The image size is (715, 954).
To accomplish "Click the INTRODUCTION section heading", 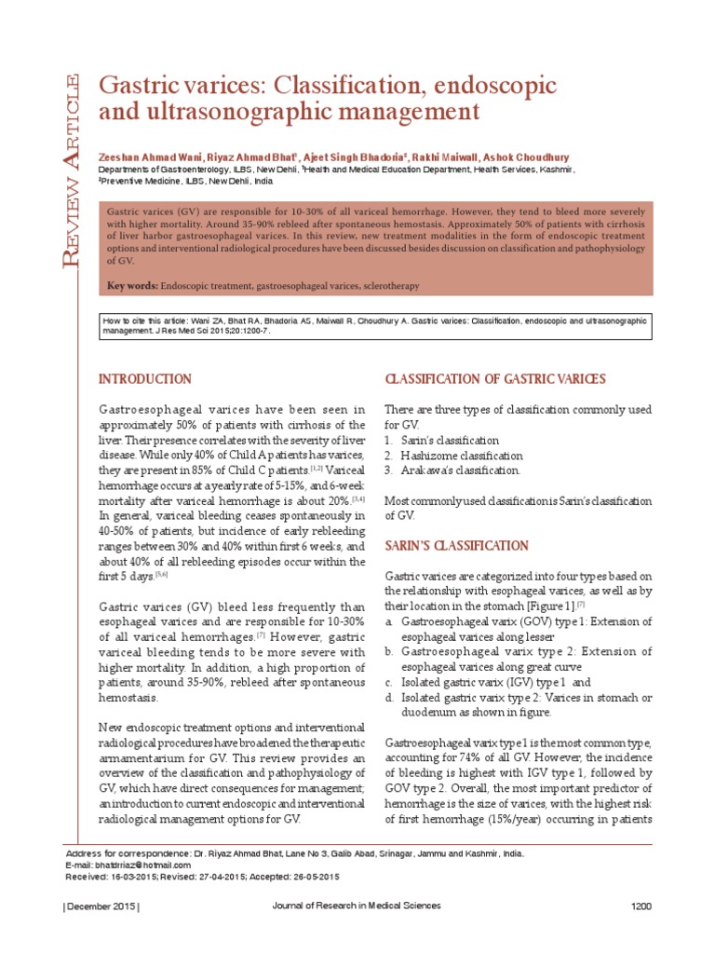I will point(145,379).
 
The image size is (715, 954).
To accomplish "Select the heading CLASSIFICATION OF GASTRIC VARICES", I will point(495,379).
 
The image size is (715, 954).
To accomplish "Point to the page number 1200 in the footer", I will point(641,906).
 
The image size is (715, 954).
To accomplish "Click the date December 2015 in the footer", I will point(101,906).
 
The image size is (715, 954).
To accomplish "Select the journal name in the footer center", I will point(357,906).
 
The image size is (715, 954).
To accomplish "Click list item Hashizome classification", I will point(461,456).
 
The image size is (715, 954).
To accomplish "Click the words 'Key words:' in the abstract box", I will point(132,284).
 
